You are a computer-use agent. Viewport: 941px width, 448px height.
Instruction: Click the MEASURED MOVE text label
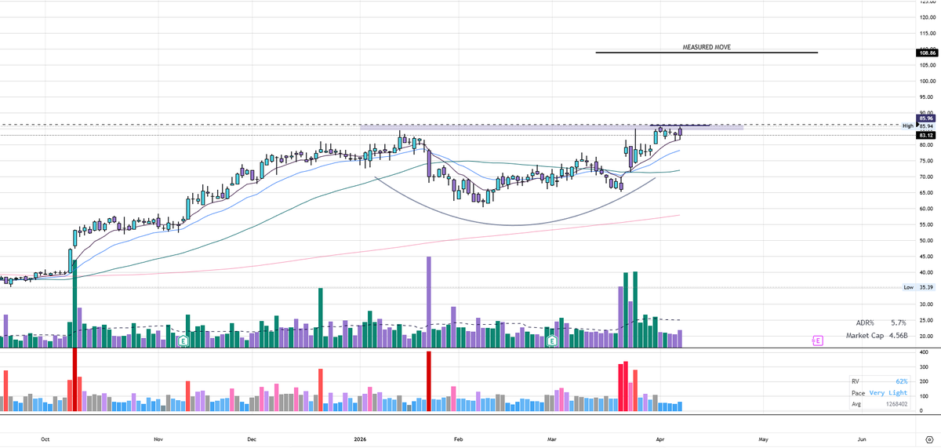point(707,48)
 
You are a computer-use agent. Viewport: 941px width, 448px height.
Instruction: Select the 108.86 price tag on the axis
point(927,53)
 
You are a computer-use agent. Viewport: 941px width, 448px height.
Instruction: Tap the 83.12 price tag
point(927,135)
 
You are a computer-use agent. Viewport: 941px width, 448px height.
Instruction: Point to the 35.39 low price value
point(927,288)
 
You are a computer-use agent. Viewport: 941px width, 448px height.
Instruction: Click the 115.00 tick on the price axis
point(927,34)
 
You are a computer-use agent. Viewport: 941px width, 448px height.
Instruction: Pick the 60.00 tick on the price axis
point(927,209)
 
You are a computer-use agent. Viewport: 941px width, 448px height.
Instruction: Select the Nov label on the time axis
point(158,439)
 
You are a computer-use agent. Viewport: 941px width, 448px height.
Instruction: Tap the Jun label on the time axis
point(862,439)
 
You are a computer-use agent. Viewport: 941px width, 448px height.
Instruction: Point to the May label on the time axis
point(763,439)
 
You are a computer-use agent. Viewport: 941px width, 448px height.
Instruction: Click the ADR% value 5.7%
point(898,323)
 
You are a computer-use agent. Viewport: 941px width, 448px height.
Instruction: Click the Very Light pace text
point(888,392)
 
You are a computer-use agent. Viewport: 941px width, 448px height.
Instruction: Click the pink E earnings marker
point(817,341)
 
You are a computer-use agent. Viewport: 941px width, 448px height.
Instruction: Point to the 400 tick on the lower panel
point(925,352)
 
